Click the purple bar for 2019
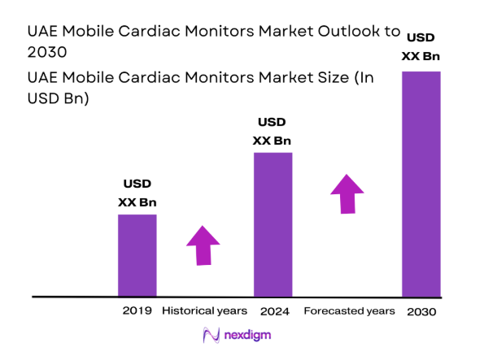coord(137,255)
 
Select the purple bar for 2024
coord(273,224)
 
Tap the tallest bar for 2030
coord(421,184)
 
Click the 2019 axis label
coord(137,311)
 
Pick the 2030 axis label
coord(421,311)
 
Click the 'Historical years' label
coord(204,311)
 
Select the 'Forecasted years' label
coord(349,311)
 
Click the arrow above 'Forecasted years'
coord(347,193)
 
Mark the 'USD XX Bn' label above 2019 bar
coord(137,193)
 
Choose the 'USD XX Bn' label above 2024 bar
coord(273,132)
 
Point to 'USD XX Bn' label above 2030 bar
coord(421,47)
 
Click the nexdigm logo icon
coord(211,335)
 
